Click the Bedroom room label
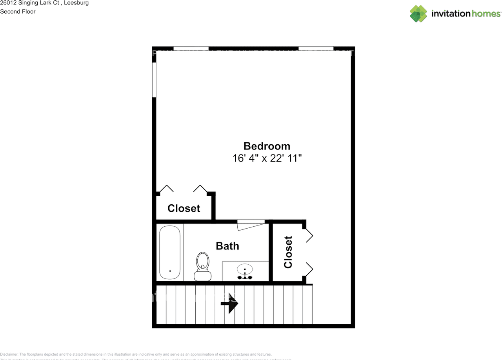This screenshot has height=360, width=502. coord(267,146)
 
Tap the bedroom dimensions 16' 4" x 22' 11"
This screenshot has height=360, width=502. coord(267,158)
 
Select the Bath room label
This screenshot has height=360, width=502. coord(227,246)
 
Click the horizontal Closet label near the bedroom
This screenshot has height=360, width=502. coord(184,208)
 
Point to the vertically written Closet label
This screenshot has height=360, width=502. coord(288,252)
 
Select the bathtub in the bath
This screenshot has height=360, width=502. coord(170,253)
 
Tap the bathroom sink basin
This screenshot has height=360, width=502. coord(245,269)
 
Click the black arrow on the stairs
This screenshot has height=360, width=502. coord(229,304)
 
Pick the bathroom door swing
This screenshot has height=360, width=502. coord(251,225)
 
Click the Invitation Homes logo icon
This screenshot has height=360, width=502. coord(418,14)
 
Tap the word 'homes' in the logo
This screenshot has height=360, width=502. coord(486,14)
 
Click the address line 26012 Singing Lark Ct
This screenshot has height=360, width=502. coord(44,3)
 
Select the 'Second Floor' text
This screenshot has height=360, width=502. coord(18,11)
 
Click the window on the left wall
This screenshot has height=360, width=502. coord(154,80)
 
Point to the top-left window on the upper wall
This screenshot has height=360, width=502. coord(191,49)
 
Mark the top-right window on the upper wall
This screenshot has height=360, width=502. coord(316,49)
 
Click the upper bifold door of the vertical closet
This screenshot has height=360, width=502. coord(309,235)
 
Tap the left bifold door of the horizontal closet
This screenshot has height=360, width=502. coord(166,189)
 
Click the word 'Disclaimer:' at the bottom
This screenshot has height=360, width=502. coord(9,354)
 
